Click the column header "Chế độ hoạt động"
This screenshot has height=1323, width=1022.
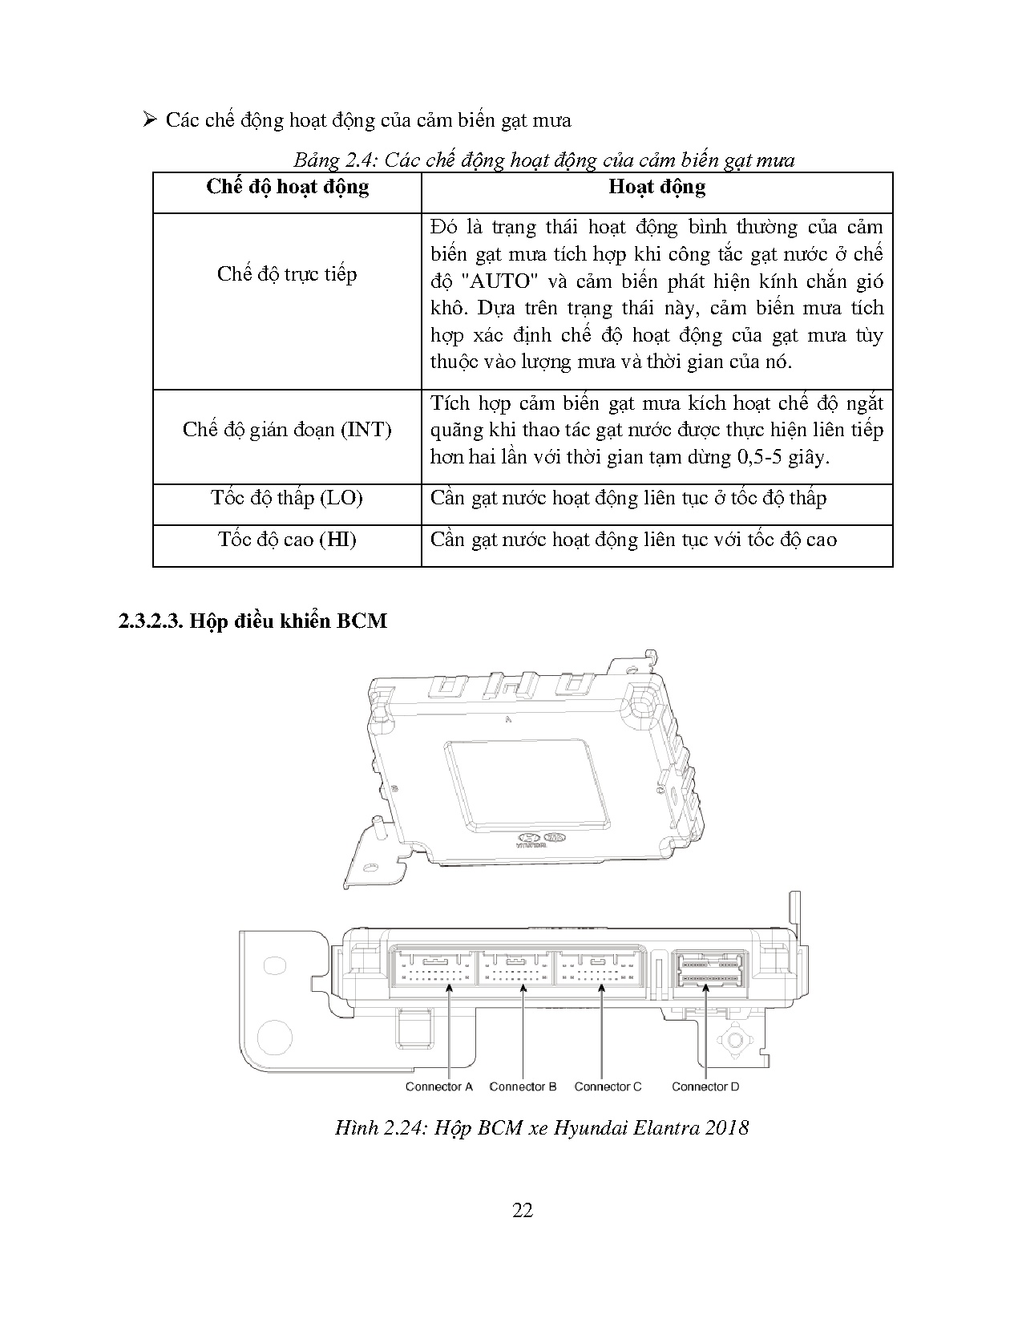coord(287,188)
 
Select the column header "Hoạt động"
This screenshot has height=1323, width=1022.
coord(656,187)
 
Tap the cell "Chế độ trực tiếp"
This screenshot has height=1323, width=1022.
coord(287,274)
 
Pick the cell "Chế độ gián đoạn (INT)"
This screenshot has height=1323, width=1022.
coord(287,430)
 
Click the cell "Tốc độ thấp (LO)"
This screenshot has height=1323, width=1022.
coord(287,498)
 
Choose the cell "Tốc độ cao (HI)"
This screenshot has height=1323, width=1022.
coord(287,540)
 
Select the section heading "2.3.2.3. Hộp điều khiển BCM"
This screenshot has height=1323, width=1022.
coord(252,621)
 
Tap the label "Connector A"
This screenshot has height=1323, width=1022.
coord(439,1086)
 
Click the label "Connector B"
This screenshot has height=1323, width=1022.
coord(523,1086)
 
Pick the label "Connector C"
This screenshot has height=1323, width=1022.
coord(608,1086)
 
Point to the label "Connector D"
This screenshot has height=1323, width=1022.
coord(705,1086)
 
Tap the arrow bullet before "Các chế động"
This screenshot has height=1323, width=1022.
coord(150,120)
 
